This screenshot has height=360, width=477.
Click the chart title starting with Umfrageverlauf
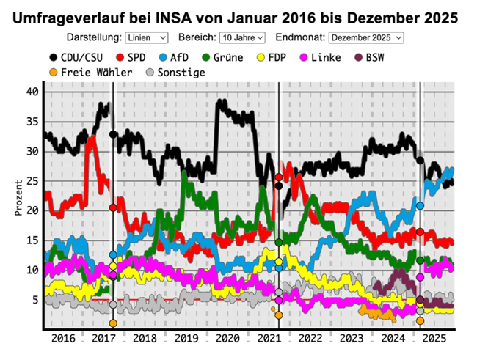(238, 16)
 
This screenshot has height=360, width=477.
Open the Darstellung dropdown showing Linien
(147, 37)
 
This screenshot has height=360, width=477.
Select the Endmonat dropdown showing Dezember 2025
(366, 37)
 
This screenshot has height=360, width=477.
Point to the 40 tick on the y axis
(31, 92)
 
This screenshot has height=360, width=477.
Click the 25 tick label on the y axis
(31, 181)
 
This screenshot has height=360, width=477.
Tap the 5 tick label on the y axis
(34, 300)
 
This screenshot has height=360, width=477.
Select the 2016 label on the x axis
(64, 339)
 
